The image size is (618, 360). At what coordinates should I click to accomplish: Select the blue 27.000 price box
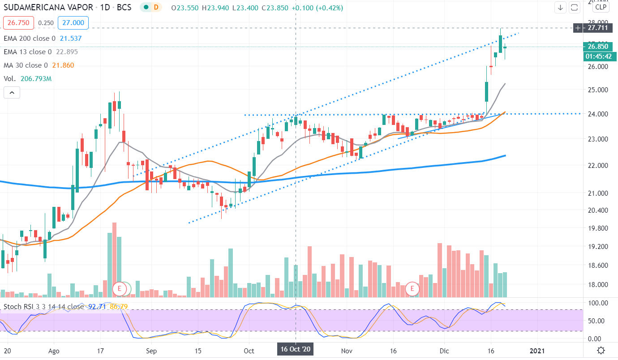pyautogui.click(x=76, y=23)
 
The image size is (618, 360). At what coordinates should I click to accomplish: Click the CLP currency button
pyautogui.click(x=601, y=7)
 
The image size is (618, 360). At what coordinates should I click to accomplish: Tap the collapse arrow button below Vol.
pyautogui.click(x=12, y=93)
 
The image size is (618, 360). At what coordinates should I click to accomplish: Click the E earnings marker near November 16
pyautogui.click(x=412, y=289)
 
